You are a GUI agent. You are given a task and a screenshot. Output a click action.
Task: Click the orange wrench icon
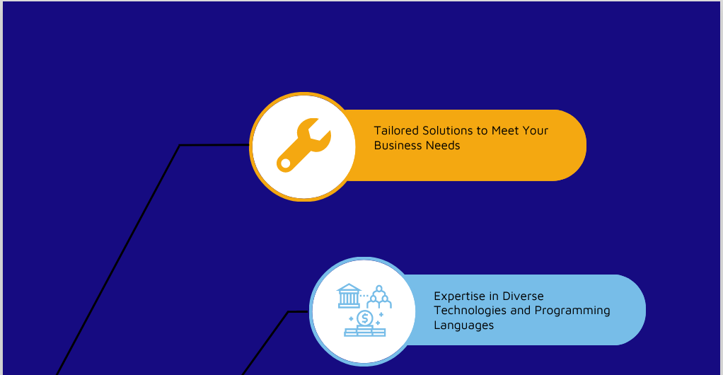(303, 144)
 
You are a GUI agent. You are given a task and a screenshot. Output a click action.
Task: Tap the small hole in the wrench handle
(285, 163)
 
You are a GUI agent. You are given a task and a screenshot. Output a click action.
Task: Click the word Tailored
(396, 131)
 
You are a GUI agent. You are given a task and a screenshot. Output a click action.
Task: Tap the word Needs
(443, 146)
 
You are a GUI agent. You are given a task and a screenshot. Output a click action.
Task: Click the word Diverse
(521, 296)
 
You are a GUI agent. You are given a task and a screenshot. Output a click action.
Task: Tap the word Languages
(463, 325)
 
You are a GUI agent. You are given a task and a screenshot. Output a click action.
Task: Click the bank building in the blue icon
(348, 296)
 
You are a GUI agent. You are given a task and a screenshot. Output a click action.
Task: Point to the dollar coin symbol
(364, 318)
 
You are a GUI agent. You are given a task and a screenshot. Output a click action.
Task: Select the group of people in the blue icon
(379, 298)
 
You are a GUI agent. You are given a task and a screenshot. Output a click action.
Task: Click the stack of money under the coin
(364, 332)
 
